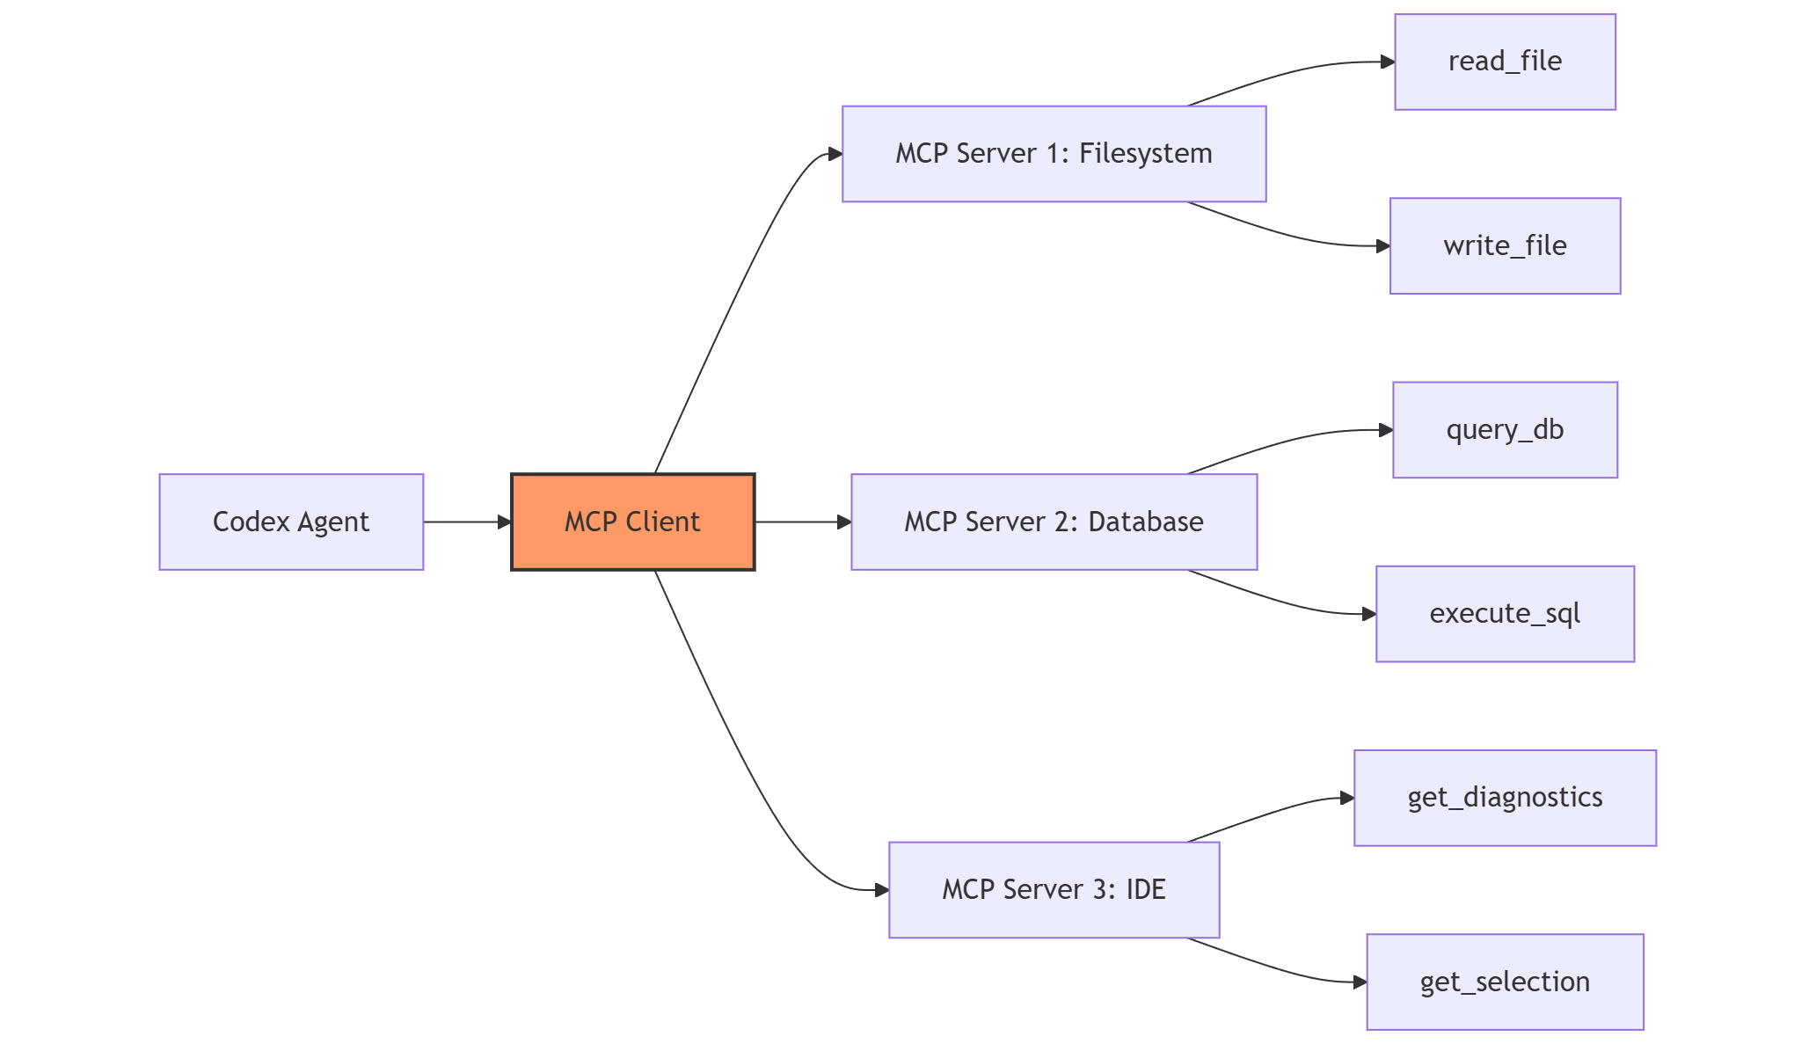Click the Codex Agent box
coord(291,522)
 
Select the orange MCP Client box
coord(632,522)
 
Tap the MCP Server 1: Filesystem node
coord(1054,154)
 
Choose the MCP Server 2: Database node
coord(1054,522)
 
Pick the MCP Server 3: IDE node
coord(1054,889)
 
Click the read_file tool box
coord(1505,62)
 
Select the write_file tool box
coord(1505,245)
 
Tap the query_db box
coord(1505,429)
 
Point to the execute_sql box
coord(1505,613)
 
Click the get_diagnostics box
coord(1505,798)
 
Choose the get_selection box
coord(1505,982)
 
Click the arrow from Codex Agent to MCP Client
coord(466,522)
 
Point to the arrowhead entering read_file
coord(1388,62)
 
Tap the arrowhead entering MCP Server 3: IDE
coord(881,890)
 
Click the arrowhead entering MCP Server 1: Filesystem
coord(835,154)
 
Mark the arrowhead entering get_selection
coord(1360,982)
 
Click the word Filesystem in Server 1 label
coord(1145,154)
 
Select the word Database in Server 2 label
coord(1145,522)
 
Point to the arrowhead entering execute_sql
coord(1369,614)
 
